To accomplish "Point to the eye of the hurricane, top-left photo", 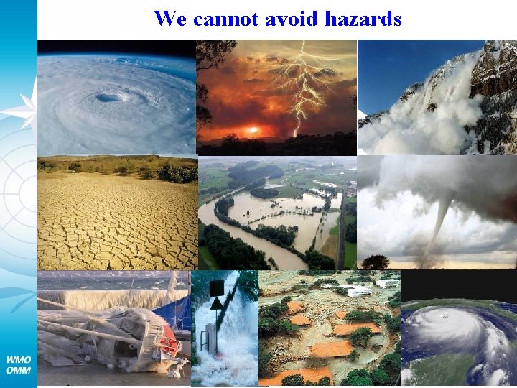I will (x=108, y=97).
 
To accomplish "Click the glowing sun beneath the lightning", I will (x=252, y=131).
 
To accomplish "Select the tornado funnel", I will (x=439, y=223).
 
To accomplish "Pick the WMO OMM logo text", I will (x=18, y=364).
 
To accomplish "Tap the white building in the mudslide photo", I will (x=359, y=290).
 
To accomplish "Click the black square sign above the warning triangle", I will (x=215, y=287).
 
